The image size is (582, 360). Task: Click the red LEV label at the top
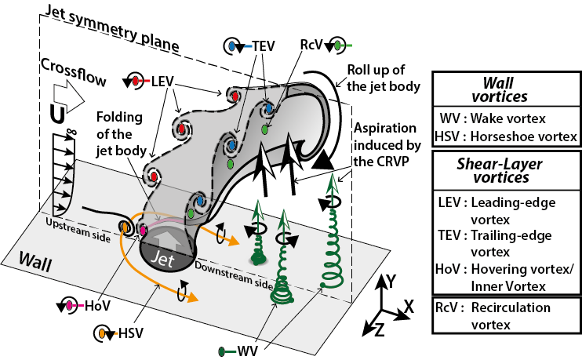(159, 80)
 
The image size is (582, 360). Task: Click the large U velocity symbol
(57, 115)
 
